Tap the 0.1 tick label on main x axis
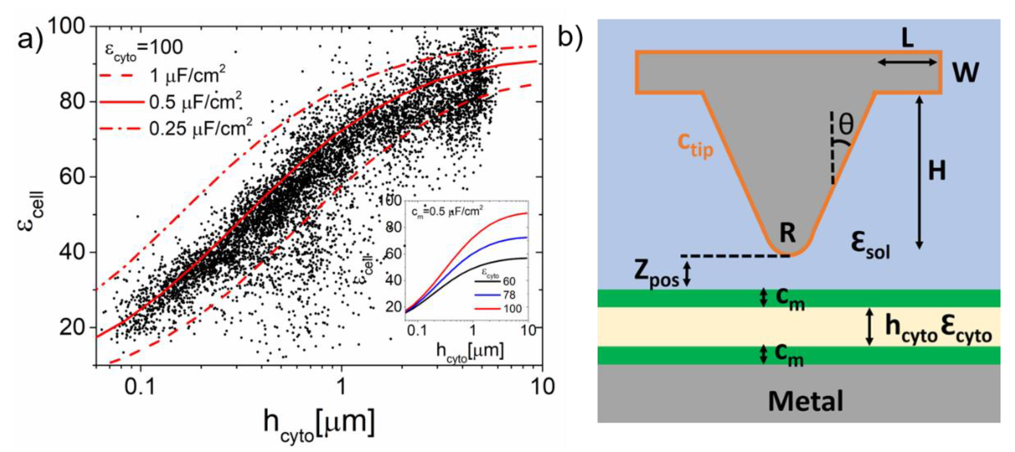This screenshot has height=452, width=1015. pyautogui.click(x=140, y=387)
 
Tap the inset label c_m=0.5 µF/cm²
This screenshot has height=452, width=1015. pyautogui.click(x=447, y=212)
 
